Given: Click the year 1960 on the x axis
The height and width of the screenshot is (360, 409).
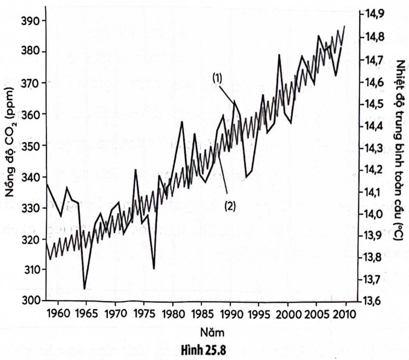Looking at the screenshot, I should tap(58, 314).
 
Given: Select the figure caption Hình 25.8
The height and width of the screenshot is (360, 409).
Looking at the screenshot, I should tap(203, 350).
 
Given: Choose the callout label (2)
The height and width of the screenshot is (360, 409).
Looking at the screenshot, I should tap(230, 206).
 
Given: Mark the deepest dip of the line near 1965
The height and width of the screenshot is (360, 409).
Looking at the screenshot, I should tap(85, 289).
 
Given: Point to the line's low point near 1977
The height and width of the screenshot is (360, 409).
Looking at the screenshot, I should tap(154, 268).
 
